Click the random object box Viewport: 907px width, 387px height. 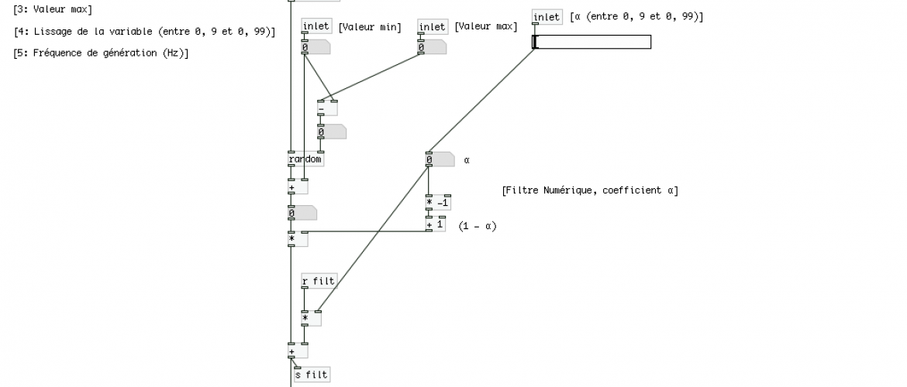tap(305, 160)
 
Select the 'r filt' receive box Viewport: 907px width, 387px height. tap(319, 281)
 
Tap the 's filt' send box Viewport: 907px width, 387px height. tap(312, 375)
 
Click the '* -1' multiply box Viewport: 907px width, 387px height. tap(438, 203)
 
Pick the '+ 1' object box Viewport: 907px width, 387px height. tap(436, 224)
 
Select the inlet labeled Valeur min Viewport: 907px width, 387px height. tap(316, 27)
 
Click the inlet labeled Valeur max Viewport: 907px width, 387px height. tap(433, 27)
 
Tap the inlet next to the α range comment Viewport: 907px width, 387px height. tap(547, 17)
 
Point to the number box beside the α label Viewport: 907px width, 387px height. tap(439, 160)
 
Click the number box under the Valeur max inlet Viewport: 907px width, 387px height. tap(431, 48)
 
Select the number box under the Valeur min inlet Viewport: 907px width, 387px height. tap(316, 48)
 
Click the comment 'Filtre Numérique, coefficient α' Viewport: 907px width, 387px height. tap(589, 190)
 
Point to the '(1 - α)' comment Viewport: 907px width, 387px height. tap(477, 226)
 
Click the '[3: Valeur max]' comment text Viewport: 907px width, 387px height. tap(53, 9)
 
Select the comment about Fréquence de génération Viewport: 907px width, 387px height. tap(101, 53)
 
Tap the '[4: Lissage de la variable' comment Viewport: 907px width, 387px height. tap(144, 32)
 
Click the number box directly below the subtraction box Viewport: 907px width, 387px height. tap(331, 132)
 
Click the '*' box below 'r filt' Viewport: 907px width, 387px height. tap(311, 318)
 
